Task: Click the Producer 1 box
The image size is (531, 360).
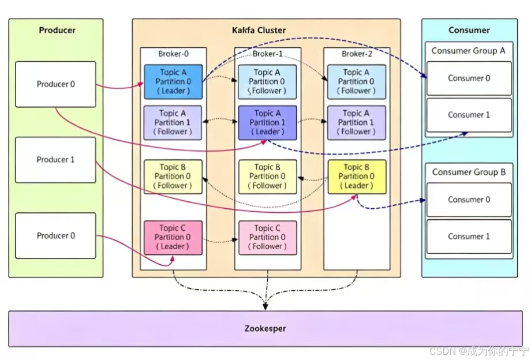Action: tap(55, 160)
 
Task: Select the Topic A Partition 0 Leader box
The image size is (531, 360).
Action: tap(173, 82)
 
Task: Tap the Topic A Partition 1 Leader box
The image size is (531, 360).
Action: tap(268, 123)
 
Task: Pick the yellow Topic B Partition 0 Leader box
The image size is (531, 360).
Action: tap(357, 177)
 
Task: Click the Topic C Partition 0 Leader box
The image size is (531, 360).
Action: tap(173, 238)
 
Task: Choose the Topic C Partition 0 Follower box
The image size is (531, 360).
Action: tap(268, 238)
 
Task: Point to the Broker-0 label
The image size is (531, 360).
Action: tap(173, 54)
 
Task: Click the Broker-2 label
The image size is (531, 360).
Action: tap(357, 54)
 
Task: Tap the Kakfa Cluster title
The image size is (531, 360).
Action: tap(259, 30)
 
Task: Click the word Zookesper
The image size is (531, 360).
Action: tap(265, 328)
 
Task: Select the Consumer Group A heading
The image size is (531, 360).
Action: tap(468, 51)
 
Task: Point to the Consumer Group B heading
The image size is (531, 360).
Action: tap(469, 172)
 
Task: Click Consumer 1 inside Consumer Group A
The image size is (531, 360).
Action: tap(469, 115)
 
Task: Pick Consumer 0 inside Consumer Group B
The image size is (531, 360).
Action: tap(469, 200)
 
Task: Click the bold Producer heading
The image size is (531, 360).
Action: tap(57, 30)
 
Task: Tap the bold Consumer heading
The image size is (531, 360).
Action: tap(469, 30)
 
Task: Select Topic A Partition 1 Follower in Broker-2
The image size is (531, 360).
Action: tap(357, 123)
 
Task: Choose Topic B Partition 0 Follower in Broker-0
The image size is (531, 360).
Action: tap(173, 177)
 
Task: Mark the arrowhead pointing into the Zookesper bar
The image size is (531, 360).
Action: tap(265, 307)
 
